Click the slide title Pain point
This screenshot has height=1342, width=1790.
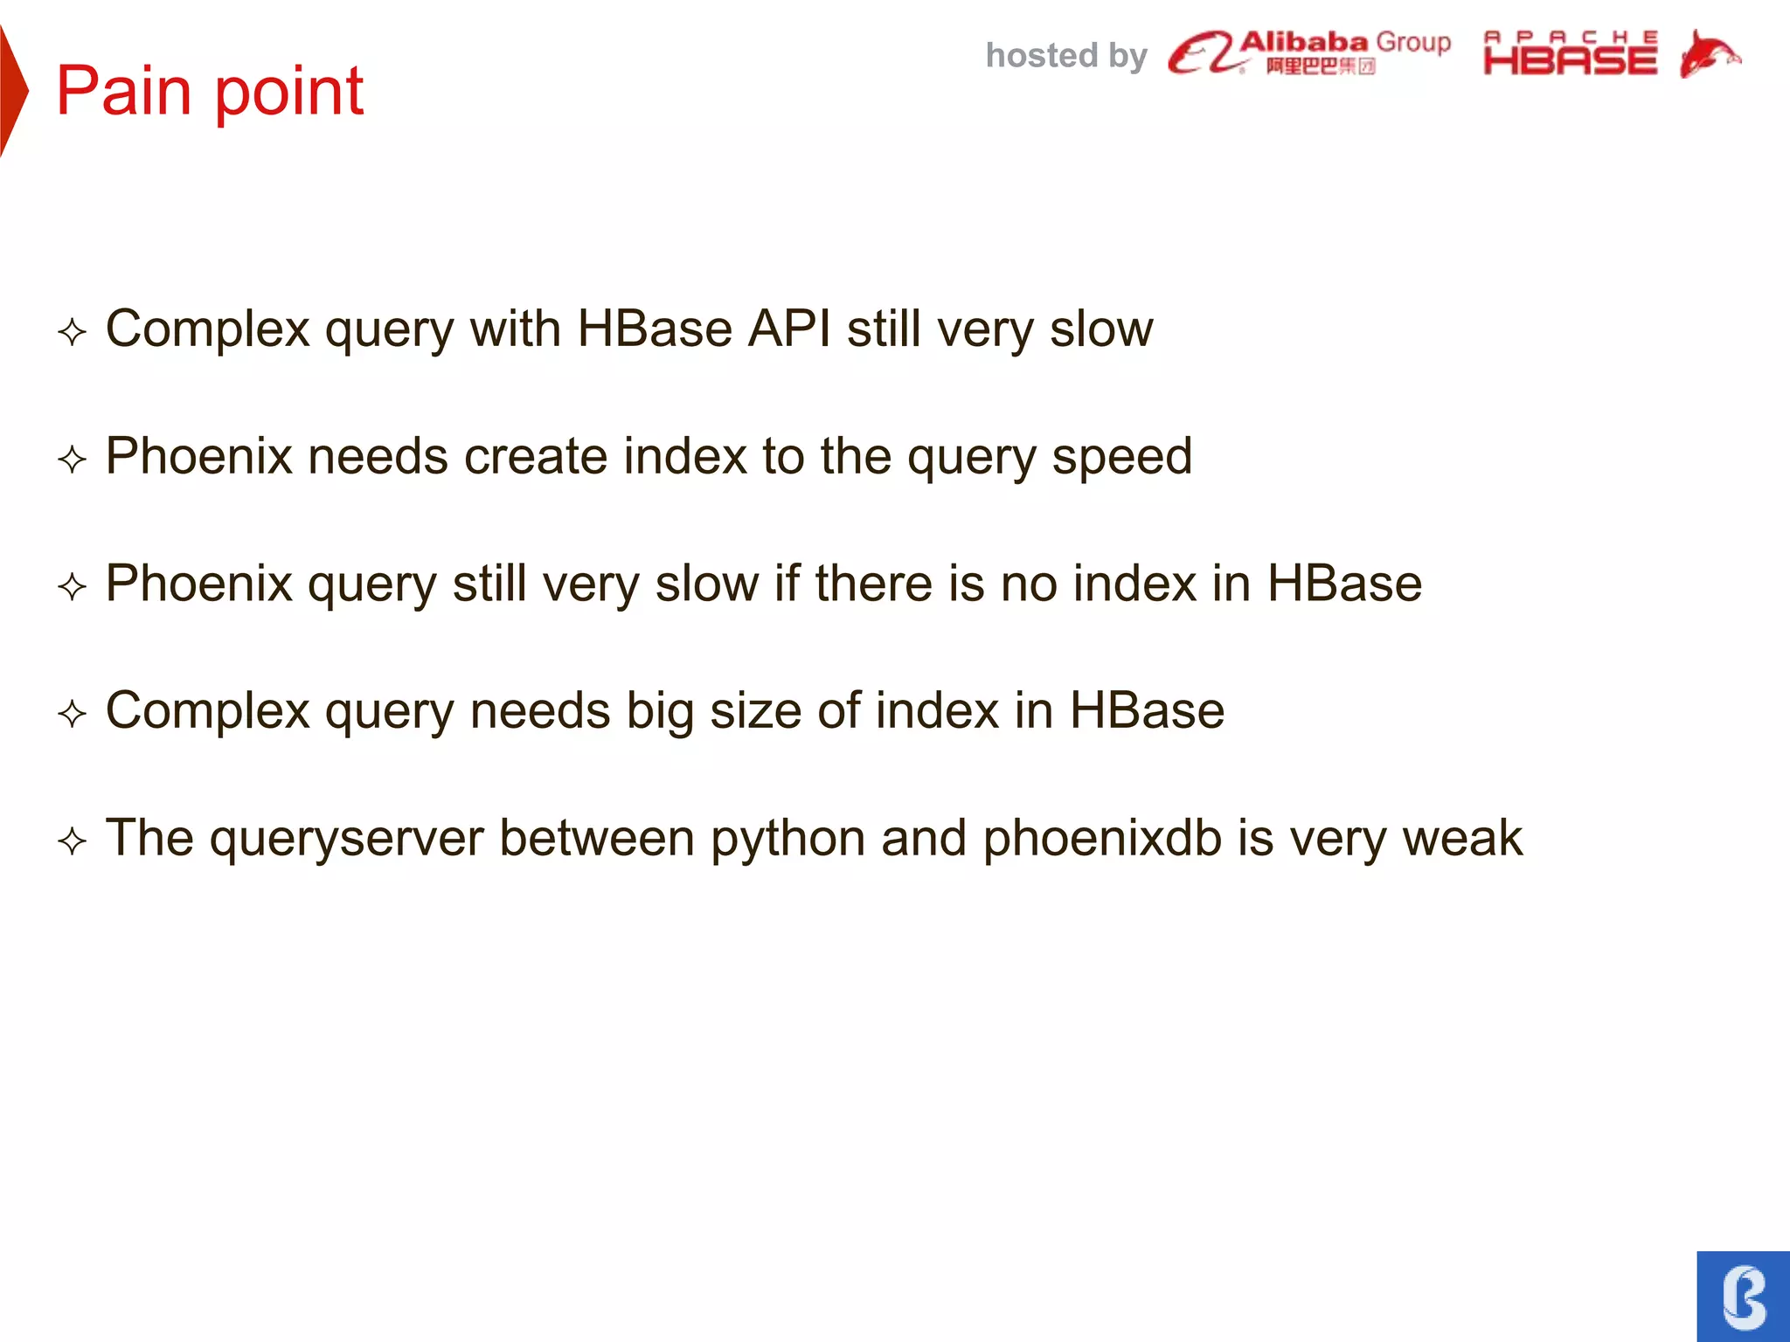coord(210,91)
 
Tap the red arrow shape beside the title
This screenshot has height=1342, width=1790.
coord(12,91)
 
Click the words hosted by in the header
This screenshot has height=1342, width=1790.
coord(1065,56)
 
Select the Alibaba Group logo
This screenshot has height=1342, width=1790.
coord(1308,52)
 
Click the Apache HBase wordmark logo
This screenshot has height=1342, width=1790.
coord(1570,53)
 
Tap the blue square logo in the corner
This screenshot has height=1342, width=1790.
coord(1743,1296)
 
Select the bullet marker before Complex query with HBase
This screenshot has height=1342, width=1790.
coord(72,332)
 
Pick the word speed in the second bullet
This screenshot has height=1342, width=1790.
coord(1121,457)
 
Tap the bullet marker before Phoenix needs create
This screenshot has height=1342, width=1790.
coord(72,460)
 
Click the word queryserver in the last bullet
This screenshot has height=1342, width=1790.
coord(346,839)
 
